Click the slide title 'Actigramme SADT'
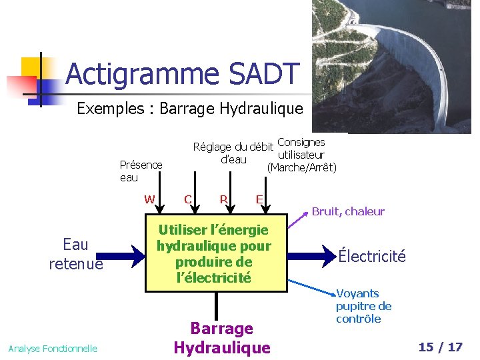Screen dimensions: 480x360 click(181, 74)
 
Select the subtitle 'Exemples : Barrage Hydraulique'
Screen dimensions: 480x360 click(190, 108)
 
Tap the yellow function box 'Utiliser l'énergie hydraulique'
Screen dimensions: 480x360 click(213, 253)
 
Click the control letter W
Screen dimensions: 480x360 click(149, 199)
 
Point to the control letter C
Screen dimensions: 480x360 click(188, 199)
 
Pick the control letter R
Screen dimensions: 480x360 click(224, 199)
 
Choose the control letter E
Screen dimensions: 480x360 click(259, 199)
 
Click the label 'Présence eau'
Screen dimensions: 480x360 click(141, 171)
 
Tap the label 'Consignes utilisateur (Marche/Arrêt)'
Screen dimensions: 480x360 click(301, 155)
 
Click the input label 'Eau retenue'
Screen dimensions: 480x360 click(75, 254)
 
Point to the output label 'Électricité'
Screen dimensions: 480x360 click(371, 256)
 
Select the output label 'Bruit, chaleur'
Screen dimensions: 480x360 click(348, 211)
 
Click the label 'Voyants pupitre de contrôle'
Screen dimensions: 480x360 click(363, 306)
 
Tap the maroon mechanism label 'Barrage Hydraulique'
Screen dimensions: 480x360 click(222, 337)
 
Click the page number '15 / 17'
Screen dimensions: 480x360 click(440, 347)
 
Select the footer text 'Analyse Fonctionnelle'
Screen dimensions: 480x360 click(53, 348)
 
